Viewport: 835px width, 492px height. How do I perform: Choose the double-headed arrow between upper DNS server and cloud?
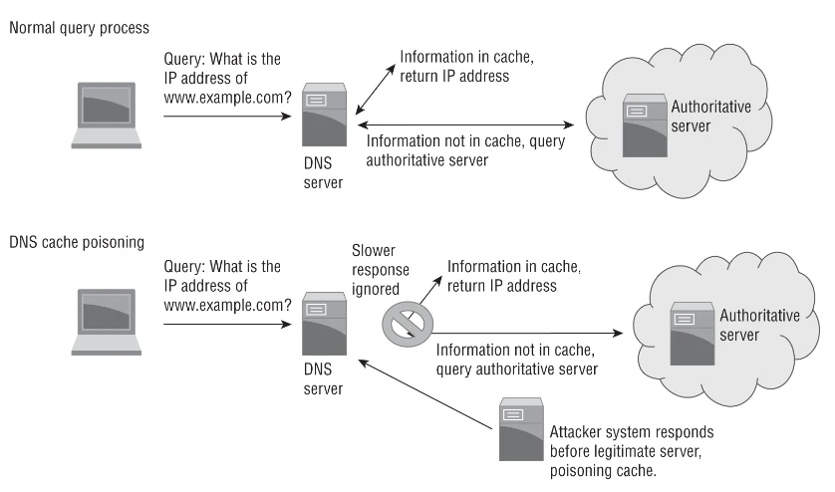click(467, 125)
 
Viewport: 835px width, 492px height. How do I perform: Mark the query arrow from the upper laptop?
click(224, 117)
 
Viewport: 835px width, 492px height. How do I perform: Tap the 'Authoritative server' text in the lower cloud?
click(759, 325)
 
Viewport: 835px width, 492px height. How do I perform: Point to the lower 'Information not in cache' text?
click(516, 359)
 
